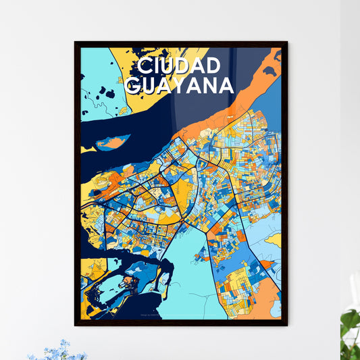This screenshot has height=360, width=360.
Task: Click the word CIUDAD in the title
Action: (x=178, y=66)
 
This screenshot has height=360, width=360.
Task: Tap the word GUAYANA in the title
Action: (x=179, y=85)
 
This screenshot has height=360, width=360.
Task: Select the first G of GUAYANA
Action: (x=133, y=85)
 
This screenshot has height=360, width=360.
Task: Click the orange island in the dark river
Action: (x=113, y=143)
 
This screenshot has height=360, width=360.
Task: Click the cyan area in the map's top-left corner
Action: (x=98, y=74)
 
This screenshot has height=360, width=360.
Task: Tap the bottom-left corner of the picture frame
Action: (x=76, y=325)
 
